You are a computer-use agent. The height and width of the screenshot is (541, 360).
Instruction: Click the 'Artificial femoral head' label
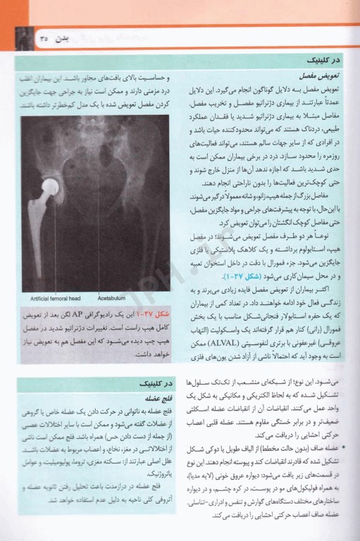pyautogui.click(x=50, y=298)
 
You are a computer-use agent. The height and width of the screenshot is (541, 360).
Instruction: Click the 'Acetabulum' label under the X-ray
pyautogui.click(x=104, y=298)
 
